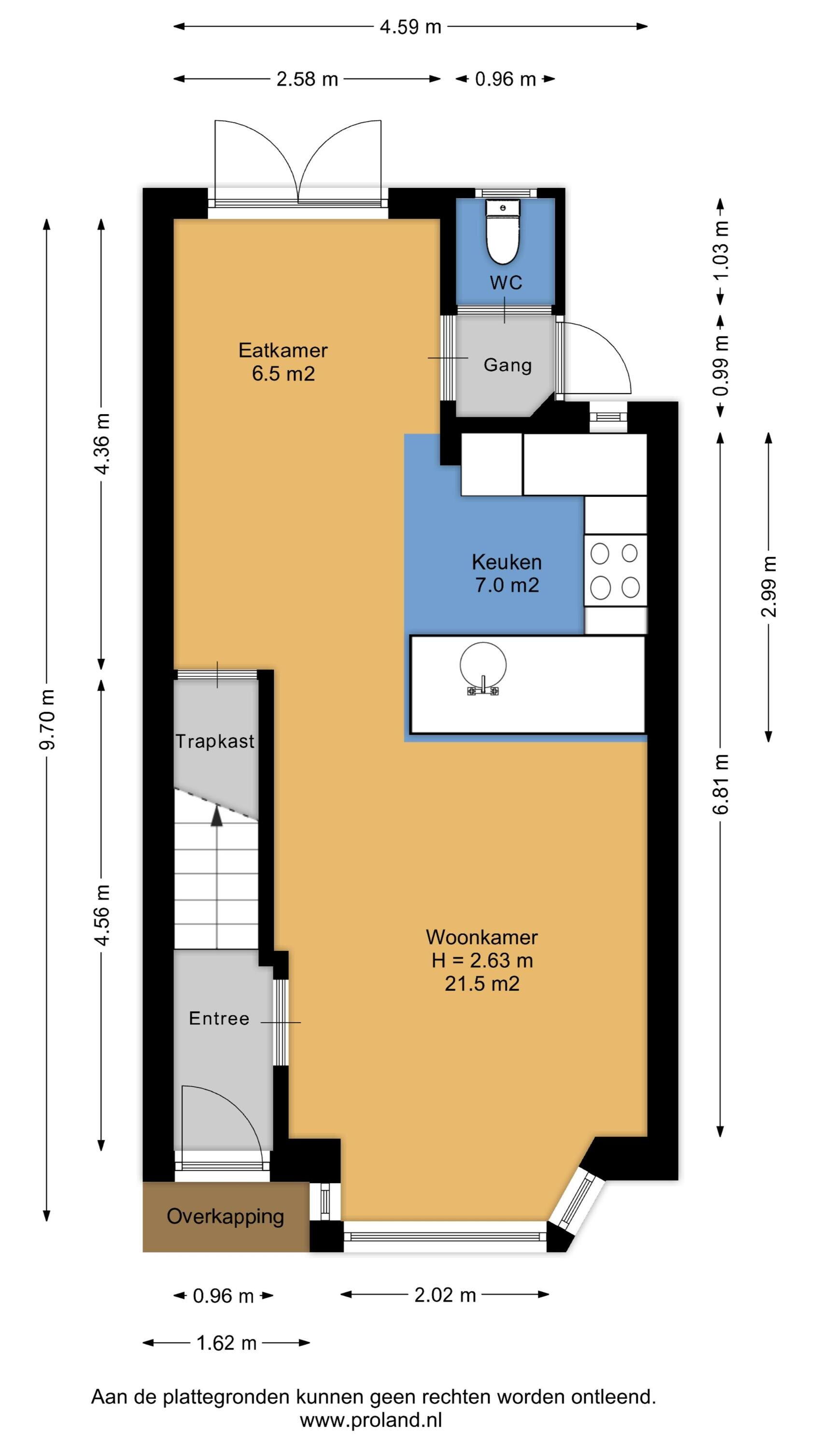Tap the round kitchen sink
click(x=483, y=666)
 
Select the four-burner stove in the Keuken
click(x=615, y=570)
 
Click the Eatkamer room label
click(x=283, y=350)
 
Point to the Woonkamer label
click(x=481, y=937)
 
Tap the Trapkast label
click(x=215, y=741)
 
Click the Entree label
click(x=219, y=1018)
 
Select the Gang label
click(x=507, y=365)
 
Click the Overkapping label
click(x=225, y=1217)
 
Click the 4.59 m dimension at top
click(x=410, y=27)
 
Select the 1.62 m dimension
click(x=226, y=1343)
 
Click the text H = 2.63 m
click(x=482, y=960)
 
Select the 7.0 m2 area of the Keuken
click(x=507, y=585)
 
